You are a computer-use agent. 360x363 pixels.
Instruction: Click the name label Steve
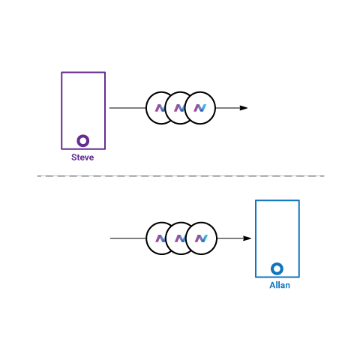point(82,157)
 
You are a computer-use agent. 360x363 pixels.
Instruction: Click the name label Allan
point(280,285)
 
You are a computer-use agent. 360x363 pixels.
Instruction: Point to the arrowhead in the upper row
point(244,108)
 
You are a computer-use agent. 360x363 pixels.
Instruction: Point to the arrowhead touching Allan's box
point(247,238)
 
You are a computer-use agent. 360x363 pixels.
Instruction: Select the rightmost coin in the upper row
point(200,108)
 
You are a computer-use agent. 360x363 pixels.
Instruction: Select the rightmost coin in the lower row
point(201,238)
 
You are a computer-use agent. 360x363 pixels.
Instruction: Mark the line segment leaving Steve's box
point(127,108)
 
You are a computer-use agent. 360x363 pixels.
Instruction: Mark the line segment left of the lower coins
point(128,238)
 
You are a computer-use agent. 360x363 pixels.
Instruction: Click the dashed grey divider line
point(181,176)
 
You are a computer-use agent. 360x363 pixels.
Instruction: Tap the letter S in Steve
point(74,157)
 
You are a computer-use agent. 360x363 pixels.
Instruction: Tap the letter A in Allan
point(273,285)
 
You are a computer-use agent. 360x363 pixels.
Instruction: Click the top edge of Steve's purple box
point(83,73)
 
